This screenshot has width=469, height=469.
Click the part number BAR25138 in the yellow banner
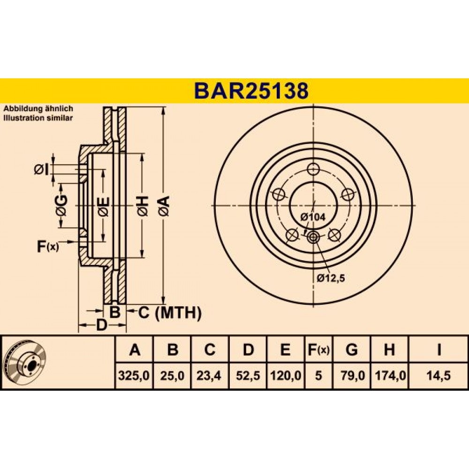[251, 91]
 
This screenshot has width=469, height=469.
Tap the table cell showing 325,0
[134, 375]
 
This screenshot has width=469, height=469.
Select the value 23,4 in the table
[209, 375]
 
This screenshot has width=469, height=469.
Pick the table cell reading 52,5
[248, 375]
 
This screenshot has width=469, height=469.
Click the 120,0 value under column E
[286, 375]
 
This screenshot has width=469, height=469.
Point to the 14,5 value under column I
[439, 375]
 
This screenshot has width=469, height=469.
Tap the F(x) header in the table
[318, 349]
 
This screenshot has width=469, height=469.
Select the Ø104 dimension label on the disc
[312, 217]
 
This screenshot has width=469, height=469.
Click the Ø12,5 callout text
[331, 278]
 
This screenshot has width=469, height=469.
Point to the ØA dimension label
[164, 206]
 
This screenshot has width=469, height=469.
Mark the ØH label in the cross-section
[143, 206]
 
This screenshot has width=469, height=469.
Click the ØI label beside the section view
[42, 170]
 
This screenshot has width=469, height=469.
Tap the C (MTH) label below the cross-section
[170, 312]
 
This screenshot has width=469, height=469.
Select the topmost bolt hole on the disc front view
[313, 169]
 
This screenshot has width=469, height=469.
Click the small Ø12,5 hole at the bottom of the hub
[313, 237]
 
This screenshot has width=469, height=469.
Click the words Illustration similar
[38, 118]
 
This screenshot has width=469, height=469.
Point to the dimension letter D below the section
[102, 325]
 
